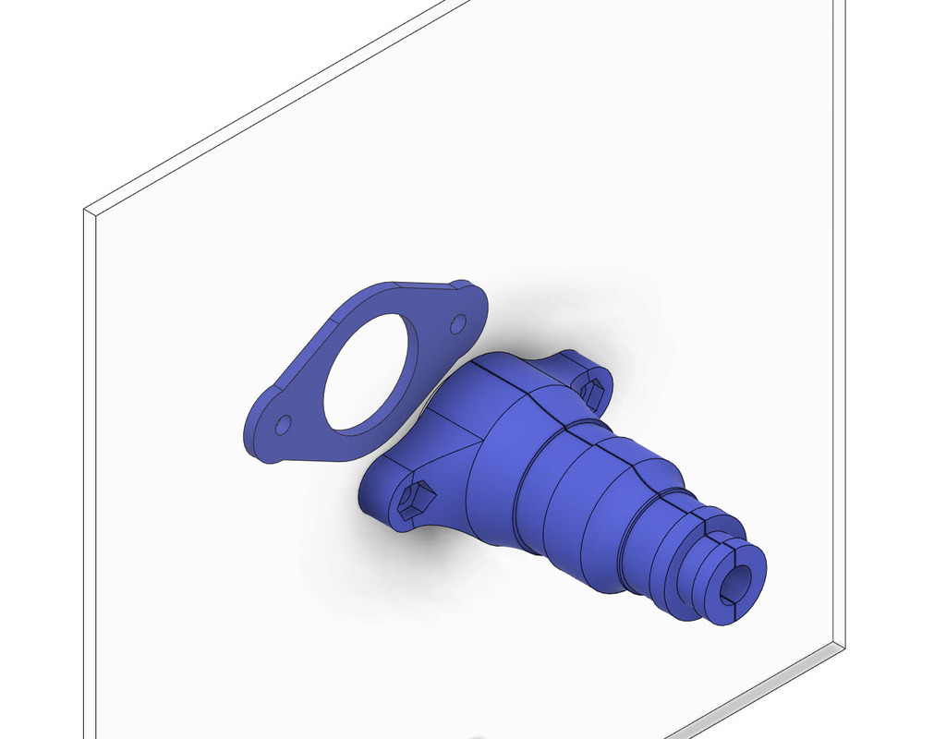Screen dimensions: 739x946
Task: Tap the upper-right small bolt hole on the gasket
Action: (x=457, y=324)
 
